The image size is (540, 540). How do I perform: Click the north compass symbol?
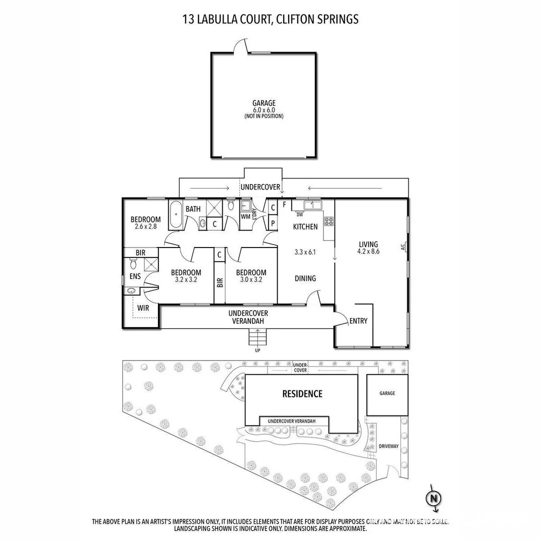[x=433, y=498]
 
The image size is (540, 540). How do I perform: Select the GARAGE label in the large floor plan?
[x=263, y=103]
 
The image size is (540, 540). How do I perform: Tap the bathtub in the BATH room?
[x=175, y=214]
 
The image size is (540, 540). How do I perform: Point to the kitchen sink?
[x=313, y=204]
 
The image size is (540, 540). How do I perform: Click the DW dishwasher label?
[x=300, y=214]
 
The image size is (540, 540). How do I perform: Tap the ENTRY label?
[x=358, y=321]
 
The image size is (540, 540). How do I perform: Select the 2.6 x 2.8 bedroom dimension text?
[x=145, y=226]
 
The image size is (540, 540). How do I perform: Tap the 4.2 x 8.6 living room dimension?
[x=368, y=251]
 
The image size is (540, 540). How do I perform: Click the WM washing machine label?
[x=245, y=216]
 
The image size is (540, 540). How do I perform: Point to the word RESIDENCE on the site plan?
[x=302, y=394]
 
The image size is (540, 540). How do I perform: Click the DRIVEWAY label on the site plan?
[x=388, y=446]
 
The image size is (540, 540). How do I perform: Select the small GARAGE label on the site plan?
[x=386, y=393]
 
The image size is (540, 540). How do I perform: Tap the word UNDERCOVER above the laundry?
[x=260, y=187]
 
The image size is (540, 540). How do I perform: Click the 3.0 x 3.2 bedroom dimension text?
[x=251, y=280]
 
